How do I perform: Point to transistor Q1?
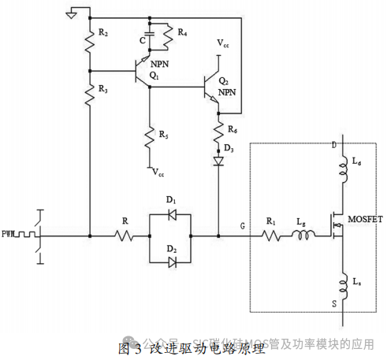point(143,67)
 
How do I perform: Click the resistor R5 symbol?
point(148,138)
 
